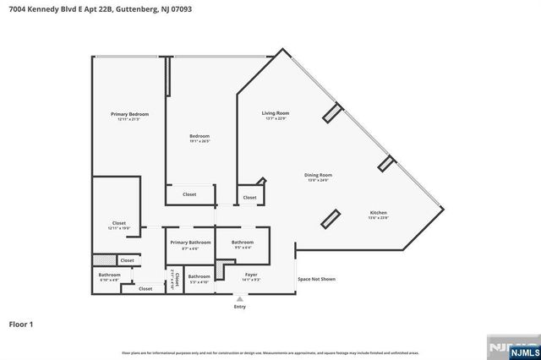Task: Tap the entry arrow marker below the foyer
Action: pyautogui.click(x=240, y=298)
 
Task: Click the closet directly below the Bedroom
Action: pyautogui.click(x=189, y=194)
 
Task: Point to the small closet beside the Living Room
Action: pyautogui.click(x=249, y=198)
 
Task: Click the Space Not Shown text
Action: pyautogui.click(x=316, y=279)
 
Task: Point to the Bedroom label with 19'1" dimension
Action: pyautogui.click(x=199, y=138)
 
